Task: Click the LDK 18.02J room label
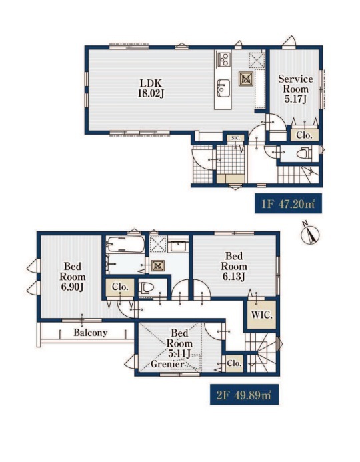pos(151,89)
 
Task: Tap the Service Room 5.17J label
pos(295,89)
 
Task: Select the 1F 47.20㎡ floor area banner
pos(288,203)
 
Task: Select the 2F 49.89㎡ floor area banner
pos(244,395)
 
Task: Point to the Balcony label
pos(91,333)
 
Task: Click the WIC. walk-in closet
pos(261,315)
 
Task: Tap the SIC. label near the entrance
pos(235,138)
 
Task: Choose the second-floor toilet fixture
pos(146,287)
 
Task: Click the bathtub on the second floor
pos(125,245)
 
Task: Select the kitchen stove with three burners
pos(224,59)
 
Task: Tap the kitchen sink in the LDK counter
pos(223,88)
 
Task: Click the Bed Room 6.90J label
pos(73,277)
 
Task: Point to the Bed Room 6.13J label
pos(234,267)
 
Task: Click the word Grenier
pos(167,364)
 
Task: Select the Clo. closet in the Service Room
pos(304,135)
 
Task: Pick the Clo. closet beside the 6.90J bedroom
pos(120,287)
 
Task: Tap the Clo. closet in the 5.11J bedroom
pos(235,363)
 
